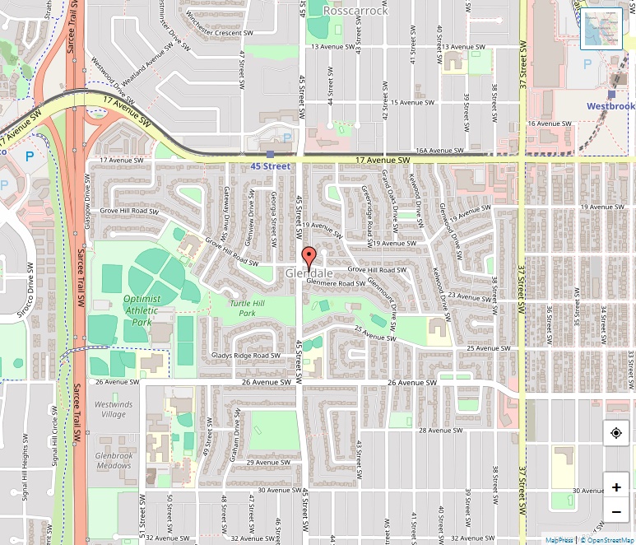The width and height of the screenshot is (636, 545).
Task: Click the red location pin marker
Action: point(309,254)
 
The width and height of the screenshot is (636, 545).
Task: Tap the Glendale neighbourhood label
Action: point(309,272)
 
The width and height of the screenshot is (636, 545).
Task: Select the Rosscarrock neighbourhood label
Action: point(355,11)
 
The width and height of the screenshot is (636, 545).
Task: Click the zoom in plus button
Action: point(616,487)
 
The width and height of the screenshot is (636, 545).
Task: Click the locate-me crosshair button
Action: point(616,433)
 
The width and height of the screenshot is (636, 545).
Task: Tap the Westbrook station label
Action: point(610,106)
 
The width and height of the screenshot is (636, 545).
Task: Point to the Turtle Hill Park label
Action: point(247,309)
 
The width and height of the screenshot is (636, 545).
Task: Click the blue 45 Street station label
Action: point(271,166)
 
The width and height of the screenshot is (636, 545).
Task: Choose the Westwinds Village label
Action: point(113,409)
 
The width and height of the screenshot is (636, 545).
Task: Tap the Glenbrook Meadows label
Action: point(113,460)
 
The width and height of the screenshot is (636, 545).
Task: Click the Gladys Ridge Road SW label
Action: point(240,355)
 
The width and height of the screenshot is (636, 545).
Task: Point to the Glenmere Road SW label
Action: point(336,282)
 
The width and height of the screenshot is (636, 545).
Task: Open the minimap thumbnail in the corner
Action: point(601,29)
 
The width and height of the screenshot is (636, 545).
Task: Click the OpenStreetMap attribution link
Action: point(607,540)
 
